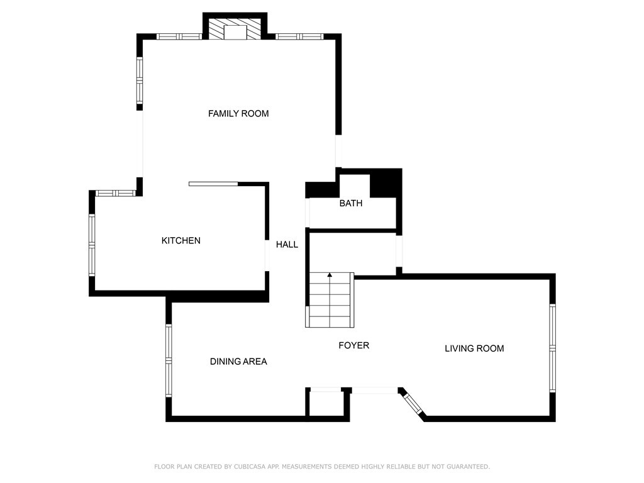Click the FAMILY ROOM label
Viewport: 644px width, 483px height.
(238, 114)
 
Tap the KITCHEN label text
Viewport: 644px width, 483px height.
(181, 241)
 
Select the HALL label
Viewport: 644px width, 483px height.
(287, 245)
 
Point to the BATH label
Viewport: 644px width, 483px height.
(351, 204)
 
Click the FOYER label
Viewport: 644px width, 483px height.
(353, 345)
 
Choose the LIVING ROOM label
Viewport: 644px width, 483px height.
(474, 348)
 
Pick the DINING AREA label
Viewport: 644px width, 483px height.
(238, 362)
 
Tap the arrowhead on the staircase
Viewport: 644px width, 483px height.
(330, 275)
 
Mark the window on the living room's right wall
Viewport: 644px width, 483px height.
(552, 348)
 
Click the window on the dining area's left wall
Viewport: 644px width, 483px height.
(169, 360)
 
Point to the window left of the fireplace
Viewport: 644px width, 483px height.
(179, 36)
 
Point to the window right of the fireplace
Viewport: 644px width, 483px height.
(300, 36)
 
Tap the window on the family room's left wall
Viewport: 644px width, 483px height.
(140, 80)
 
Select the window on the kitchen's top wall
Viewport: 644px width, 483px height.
(115, 193)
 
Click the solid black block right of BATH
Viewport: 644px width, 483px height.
(385, 184)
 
